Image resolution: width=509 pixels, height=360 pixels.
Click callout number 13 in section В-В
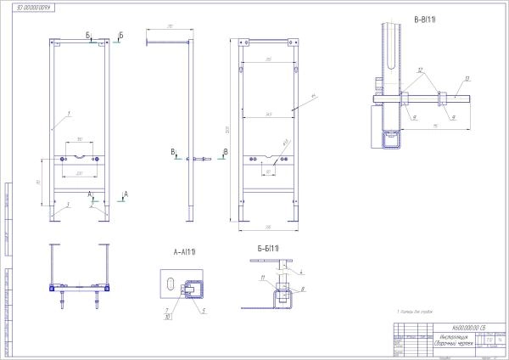(466, 79)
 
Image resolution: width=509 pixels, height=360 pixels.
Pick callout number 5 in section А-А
(204, 310)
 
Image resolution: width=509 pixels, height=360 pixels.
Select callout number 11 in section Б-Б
(263, 278)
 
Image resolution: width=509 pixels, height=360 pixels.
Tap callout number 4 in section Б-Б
(300, 271)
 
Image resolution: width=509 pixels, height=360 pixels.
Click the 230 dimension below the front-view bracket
(79, 173)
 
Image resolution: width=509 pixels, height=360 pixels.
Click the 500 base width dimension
(267, 227)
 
